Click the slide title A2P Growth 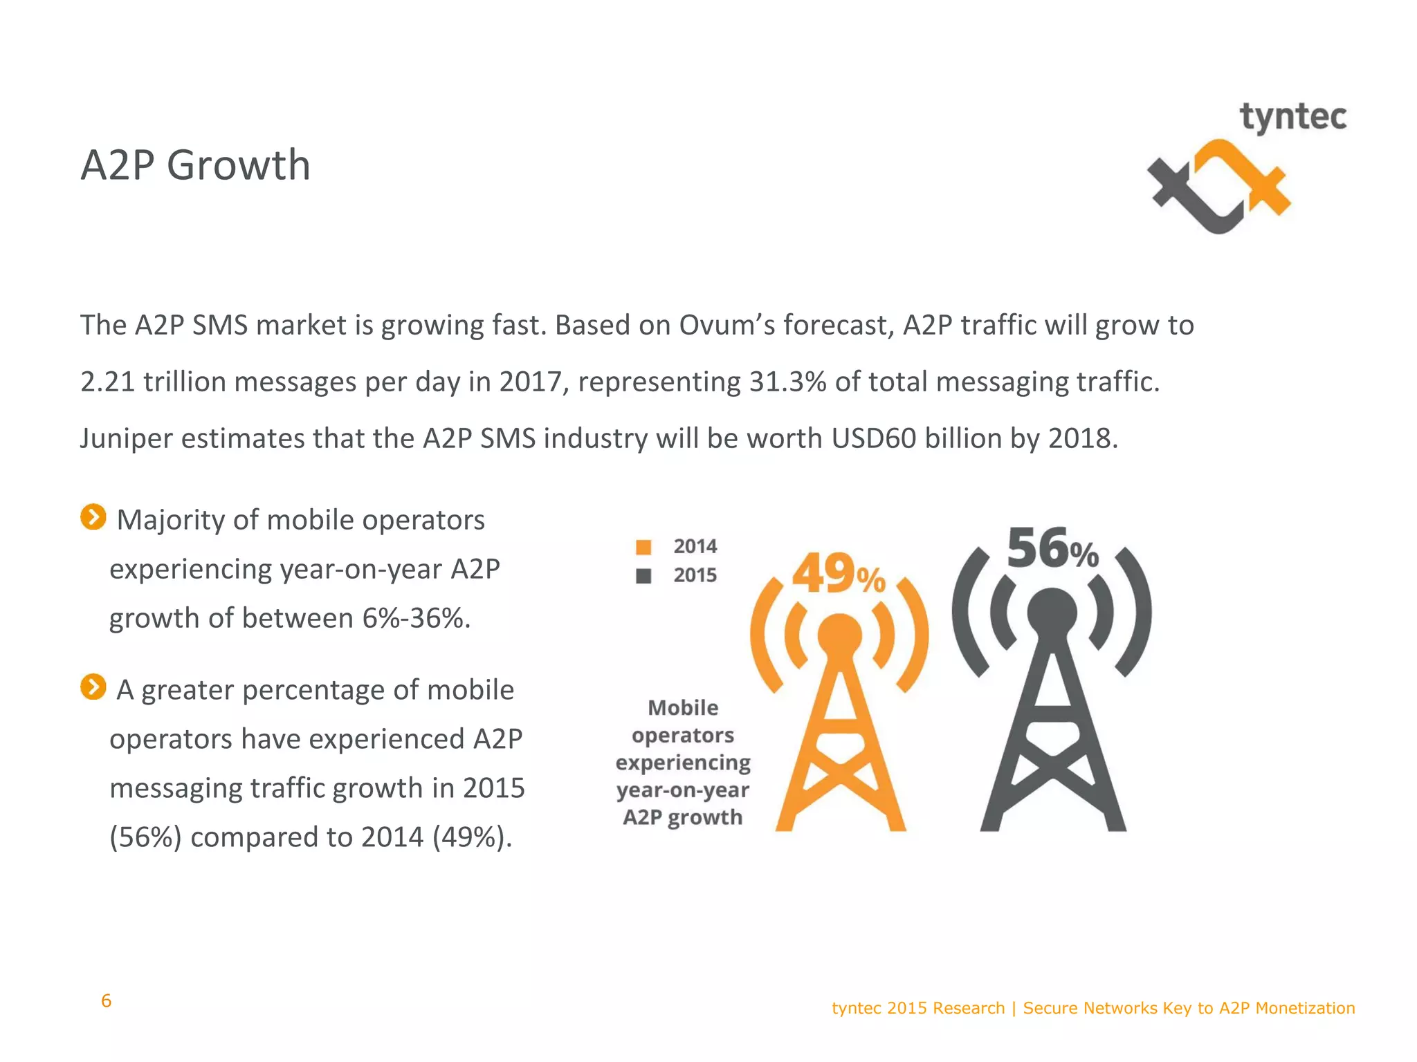[196, 165]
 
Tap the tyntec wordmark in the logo [1292, 117]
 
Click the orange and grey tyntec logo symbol [1218, 187]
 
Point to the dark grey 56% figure [1052, 549]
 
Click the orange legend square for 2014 [643, 547]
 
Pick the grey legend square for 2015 [643, 576]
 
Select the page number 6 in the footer [106, 1000]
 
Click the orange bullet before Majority [93, 517]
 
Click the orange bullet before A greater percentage [93, 687]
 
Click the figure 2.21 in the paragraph [107, 382]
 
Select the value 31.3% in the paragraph [787, 382]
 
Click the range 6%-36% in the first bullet [416, 618]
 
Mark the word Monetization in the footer [1305, 1008]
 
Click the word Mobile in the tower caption [683, 708]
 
